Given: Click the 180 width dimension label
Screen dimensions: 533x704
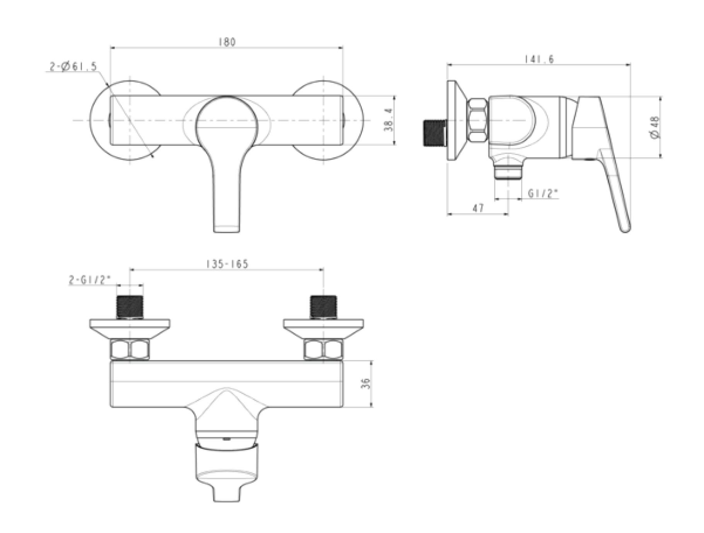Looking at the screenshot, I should [x=227, y=42].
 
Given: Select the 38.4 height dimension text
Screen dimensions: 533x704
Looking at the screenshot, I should [x=389, y=120].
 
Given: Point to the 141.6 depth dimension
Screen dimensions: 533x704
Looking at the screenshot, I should [x=539, y=59].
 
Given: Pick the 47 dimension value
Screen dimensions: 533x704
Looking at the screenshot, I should [x=478, y=208].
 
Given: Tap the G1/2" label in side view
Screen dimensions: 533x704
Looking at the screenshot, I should [x=543, y=193].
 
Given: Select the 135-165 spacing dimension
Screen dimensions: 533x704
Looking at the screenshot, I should [x=227, y=264].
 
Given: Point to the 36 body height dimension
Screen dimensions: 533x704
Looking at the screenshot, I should [x=365, y=383].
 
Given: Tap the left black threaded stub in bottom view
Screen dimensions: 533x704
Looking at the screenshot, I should [x=130, y=307].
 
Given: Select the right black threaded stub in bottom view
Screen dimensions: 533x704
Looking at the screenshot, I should [x=324, y=307].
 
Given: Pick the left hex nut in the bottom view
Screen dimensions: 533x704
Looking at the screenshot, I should [x=130, y=349].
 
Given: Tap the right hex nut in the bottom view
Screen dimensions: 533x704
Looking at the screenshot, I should [x=324, y=349].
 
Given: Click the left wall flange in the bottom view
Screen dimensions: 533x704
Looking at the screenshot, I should [x=130, y=327].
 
